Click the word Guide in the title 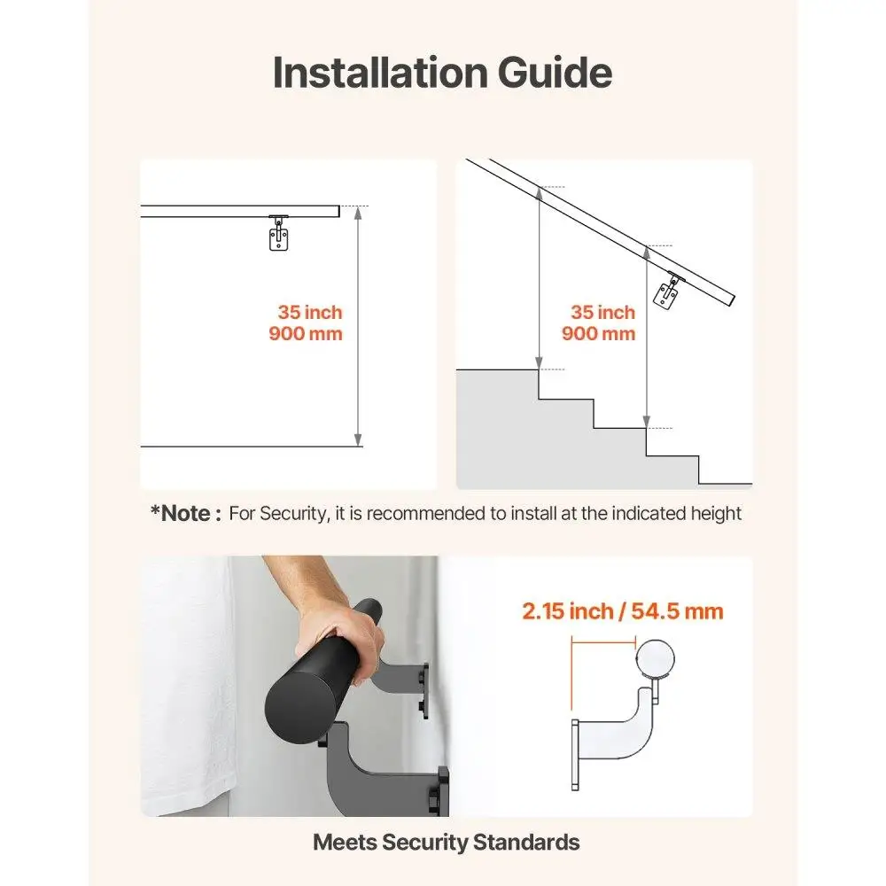point(553,72)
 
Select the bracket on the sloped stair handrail point(666,291)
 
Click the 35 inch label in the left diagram point(309,313)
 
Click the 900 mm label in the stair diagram point(598,334)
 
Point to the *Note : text point(185,513)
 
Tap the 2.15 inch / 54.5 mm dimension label point(622,611)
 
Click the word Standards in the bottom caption point(526,843)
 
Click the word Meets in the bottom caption point(344,843)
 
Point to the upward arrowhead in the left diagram point(357,213)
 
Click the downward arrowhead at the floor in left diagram point(357,439)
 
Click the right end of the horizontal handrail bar point(337,211)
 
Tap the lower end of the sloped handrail point(731,300)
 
